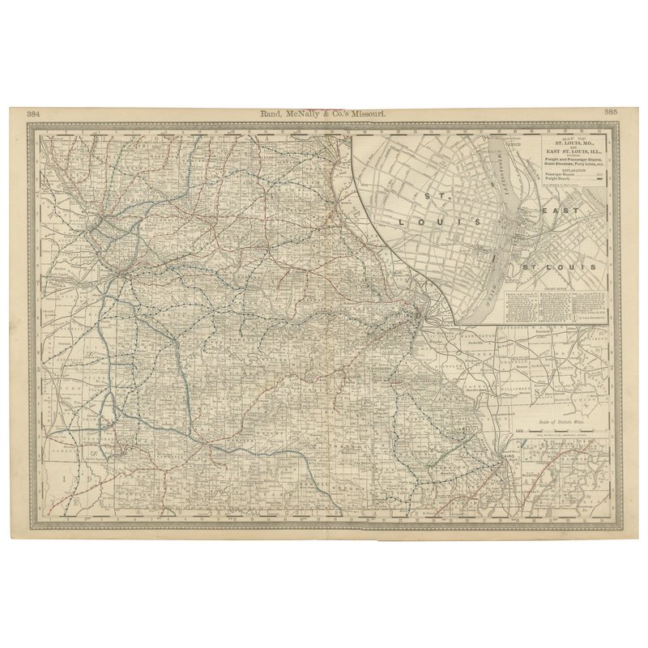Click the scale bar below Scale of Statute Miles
click(561, 428)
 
